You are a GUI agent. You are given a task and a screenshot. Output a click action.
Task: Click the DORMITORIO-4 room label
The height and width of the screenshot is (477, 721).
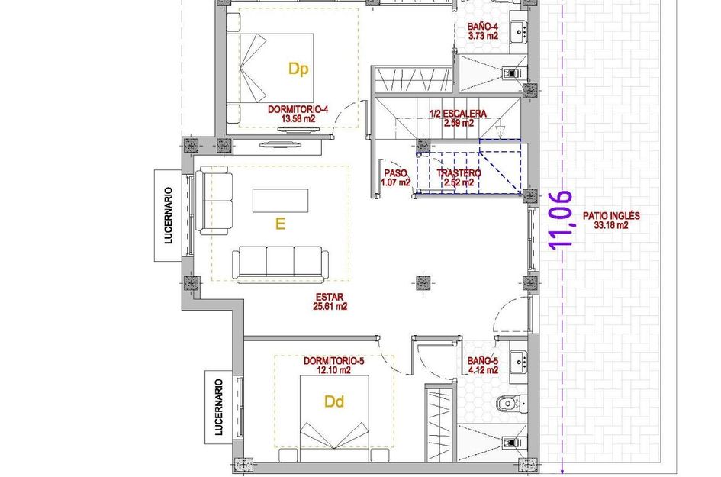[298, 114]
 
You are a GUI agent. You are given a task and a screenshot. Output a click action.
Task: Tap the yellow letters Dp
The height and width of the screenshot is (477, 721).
[298, 69]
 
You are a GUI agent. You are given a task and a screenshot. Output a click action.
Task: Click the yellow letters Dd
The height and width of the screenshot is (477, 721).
[334, 401]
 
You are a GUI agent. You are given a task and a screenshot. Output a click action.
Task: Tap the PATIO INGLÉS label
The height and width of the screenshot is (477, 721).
[611, 221]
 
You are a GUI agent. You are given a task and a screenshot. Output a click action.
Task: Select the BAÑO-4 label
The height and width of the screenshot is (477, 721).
[483, 31]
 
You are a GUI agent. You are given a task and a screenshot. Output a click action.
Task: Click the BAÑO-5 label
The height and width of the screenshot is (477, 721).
[482, 366]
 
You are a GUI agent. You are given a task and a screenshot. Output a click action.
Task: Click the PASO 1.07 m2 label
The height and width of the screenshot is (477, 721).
[396, 178]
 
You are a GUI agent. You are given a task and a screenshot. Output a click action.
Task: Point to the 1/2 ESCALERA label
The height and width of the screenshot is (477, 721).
[458, 118]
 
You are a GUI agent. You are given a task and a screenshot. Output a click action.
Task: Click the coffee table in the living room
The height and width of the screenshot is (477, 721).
[282, 201]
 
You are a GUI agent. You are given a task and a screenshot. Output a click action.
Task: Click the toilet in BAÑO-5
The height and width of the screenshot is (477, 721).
[507, 403]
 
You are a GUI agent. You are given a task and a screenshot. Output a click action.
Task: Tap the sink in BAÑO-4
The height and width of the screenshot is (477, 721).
[521, 31]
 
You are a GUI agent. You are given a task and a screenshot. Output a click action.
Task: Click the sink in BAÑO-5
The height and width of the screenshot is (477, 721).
[519, 359]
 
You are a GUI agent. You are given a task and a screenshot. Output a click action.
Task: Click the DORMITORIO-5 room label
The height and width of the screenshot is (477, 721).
[327, 366]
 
